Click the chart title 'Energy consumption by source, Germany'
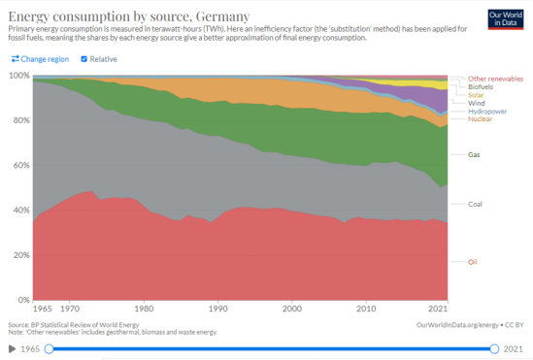point(126,15)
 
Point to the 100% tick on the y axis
point(18,75)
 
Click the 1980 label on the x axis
point(144,308)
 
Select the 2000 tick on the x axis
point(291,308)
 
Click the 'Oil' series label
point(473,261)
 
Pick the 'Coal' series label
point(475,204)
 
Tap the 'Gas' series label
point(474,154)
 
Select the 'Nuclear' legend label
point(480,119)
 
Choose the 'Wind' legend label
point(477,103)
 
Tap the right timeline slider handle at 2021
point(495,348)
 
